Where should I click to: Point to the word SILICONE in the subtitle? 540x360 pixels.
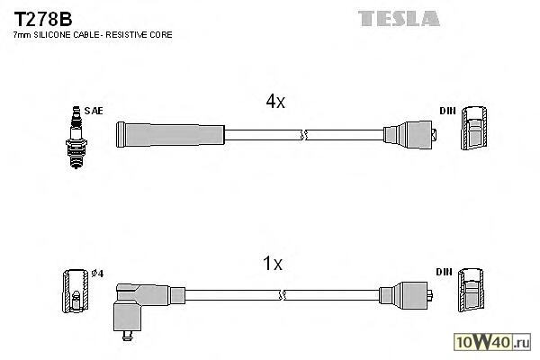[57, 34]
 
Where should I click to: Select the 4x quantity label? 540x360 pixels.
[274, 103]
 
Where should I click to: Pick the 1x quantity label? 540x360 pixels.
[272, 264]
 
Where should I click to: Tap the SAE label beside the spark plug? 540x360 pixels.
[95, 111]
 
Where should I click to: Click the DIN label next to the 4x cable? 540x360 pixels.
[447, 111]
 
